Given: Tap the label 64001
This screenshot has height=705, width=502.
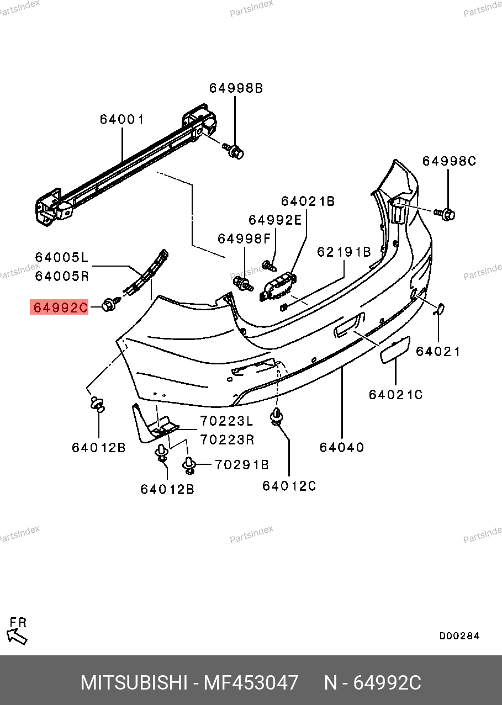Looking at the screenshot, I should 122,119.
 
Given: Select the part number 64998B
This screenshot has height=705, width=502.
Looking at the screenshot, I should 236,88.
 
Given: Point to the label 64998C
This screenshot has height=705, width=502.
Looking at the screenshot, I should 449,161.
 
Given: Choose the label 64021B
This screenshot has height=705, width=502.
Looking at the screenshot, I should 308,202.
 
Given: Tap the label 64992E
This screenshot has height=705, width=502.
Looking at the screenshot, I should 275,220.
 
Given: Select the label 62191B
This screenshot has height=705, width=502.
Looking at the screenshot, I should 344,252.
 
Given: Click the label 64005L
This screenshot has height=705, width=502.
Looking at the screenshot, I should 62,257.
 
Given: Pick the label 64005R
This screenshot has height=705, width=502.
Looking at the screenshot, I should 62,276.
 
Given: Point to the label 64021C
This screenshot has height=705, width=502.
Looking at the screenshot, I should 396,395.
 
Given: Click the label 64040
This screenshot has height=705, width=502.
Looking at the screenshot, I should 342,447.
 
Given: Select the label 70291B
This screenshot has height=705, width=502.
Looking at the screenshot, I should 241,465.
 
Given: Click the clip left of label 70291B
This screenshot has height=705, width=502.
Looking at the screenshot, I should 189,465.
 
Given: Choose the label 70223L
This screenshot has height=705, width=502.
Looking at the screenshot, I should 226,421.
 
